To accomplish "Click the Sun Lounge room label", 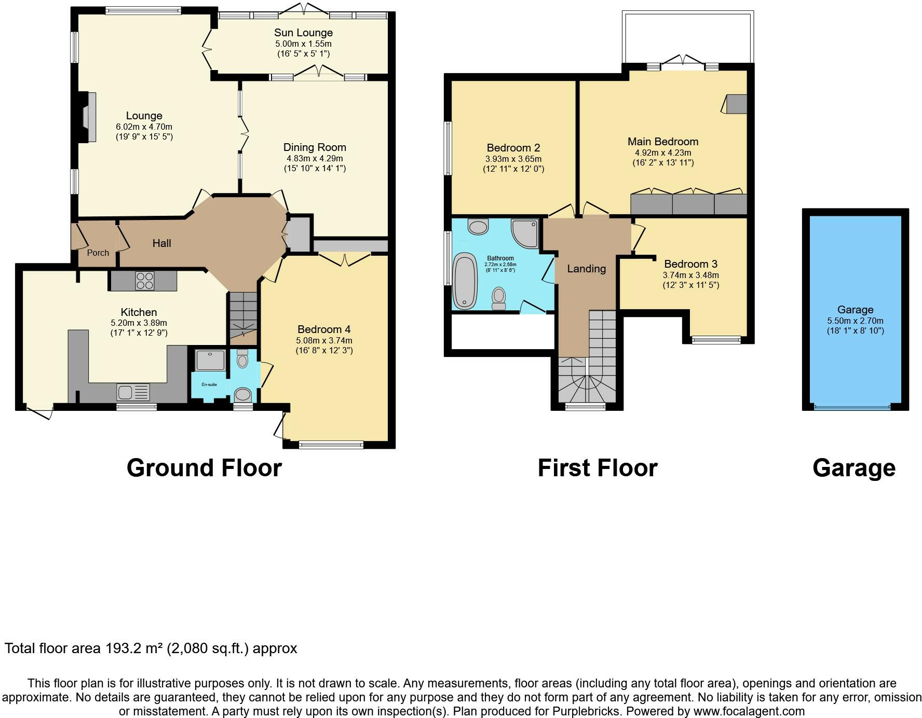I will (x=303, y=33).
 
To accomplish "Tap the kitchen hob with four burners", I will (x=144, y=281).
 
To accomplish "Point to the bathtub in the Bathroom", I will (x=465, y=281).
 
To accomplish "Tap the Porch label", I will (x=98, y=253).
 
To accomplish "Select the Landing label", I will (x=586, y=269).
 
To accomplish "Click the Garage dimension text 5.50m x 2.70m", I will (x=855, y=321).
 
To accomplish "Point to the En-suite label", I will (x=209, y=384).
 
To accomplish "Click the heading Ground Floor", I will (x=204, y=468).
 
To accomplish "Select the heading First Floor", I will (x=597, y=468).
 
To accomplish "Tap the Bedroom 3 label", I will (x=690, y=264).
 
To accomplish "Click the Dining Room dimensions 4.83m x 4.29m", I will (x=315, y=158).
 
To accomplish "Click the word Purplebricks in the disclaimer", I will (x=587, y=711).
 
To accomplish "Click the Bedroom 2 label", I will (x=513, y=148).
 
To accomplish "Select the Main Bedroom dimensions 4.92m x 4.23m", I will (x=663, y=153).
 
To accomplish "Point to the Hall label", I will (x=161, y=243).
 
